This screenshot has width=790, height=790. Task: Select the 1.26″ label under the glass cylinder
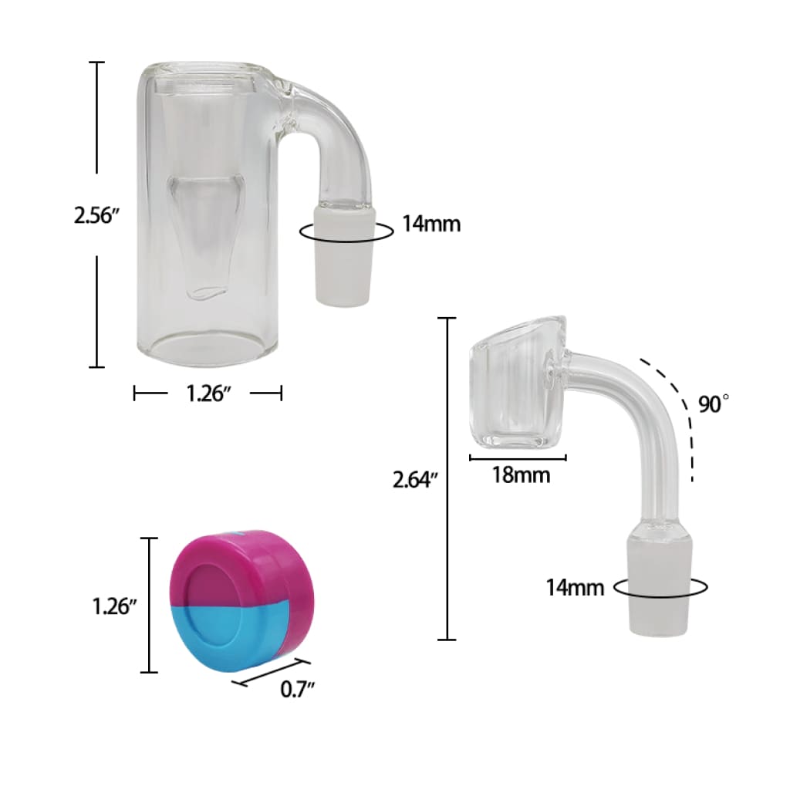pos(208,393)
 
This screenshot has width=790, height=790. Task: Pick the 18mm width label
pos(521,475)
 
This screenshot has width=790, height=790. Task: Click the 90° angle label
pos(714,404)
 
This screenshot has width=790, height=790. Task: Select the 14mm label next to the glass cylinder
pos(430,225)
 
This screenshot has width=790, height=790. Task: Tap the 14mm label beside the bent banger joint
pos(575,587)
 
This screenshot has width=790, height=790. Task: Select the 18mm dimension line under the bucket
pos(518,457)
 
